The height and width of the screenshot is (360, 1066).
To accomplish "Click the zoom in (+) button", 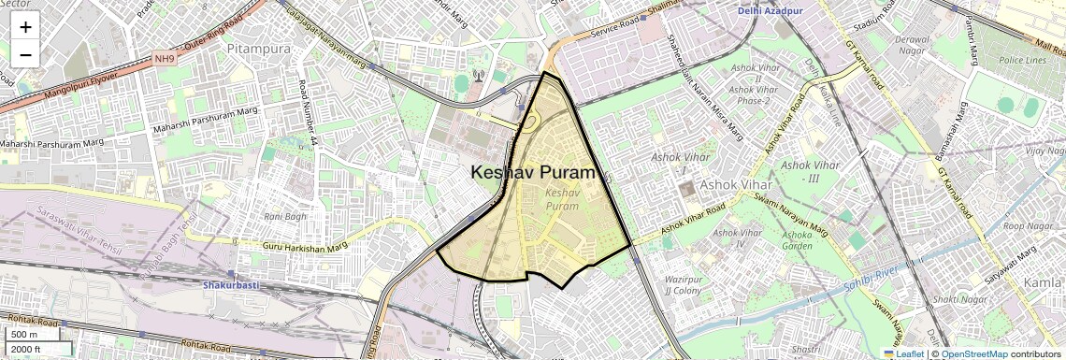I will [x=25, y=27].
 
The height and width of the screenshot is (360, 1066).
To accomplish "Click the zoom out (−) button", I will [x=25, y=54].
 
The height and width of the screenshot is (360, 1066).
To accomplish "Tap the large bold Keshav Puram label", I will [x=533, y=173].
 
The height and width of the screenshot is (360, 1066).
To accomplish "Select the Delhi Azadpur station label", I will [x=770, y=10].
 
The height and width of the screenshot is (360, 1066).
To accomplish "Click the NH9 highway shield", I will [x=165, y=59].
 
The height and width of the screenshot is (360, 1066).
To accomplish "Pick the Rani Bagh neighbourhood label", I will [x=285, y=216].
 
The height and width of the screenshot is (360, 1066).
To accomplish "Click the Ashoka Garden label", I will [x=798, y=241].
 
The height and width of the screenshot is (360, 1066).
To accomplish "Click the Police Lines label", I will [x=1021, y=60].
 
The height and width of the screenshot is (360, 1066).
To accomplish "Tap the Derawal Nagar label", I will [x=913, y=46].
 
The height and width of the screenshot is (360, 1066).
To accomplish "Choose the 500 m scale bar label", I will [x=24, y=335].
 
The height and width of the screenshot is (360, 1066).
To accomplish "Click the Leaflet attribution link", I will [x=903, y=354].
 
